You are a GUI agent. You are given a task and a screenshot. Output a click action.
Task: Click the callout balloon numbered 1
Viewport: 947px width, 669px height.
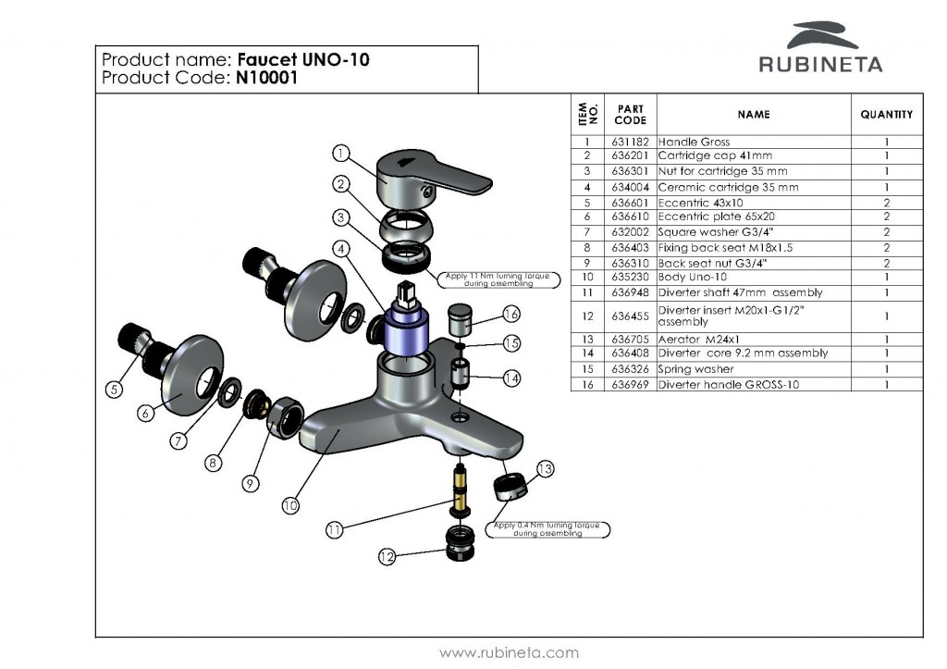coord(340,154)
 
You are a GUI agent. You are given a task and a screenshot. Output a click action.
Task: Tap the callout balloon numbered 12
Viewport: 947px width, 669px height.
coord(388,556)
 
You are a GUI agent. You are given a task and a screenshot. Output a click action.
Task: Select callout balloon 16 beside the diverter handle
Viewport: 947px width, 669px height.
coord(510,315)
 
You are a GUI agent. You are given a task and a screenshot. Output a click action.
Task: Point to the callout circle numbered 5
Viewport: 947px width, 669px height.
coord(113,390)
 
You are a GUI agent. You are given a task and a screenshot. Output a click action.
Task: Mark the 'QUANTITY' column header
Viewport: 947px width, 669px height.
coord(886,115)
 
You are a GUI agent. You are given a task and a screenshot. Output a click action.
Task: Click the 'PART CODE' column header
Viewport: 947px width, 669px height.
coord(630,115)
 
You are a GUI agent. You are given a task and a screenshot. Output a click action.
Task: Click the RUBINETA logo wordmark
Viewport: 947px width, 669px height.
coord(820,64)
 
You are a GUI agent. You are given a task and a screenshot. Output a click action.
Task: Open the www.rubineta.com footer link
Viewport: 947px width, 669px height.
coord(509,652)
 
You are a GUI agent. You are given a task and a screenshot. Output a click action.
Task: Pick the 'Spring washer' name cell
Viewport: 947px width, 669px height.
coord(695,368)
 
